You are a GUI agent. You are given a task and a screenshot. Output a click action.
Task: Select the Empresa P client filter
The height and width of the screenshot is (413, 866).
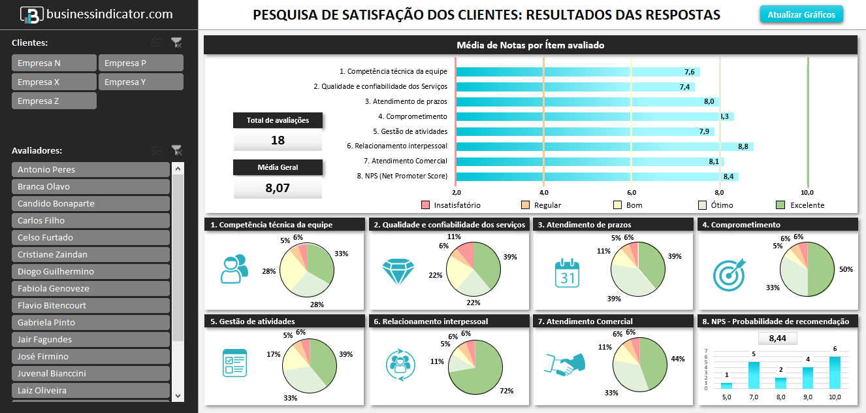click(140, 63)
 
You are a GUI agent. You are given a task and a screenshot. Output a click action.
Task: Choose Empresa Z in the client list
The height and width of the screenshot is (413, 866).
click(54, 101)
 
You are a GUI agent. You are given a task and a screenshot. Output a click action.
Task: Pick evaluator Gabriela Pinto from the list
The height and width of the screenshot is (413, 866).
click(91, 323)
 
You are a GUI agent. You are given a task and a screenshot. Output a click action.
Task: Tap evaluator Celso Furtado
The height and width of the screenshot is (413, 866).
click(91, 238)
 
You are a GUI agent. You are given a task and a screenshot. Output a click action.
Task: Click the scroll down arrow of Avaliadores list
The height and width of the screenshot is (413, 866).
click(178, 395)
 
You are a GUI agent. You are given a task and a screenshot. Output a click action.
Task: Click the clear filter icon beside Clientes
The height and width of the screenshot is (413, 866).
click(176, 42)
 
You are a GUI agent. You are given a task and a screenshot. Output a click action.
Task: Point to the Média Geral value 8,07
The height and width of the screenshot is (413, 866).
click(278, 188)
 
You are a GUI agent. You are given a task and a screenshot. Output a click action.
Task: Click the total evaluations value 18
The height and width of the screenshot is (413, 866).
click(278, 140)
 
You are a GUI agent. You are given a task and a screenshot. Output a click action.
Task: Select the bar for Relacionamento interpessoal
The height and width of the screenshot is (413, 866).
click(604, 146)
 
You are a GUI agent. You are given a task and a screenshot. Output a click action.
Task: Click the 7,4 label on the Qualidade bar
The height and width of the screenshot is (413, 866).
click(684, 87)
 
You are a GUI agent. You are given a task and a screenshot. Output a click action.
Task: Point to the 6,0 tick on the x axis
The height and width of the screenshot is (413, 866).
click(632, 193)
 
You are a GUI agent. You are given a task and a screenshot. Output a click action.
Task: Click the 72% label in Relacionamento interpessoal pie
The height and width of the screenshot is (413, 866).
click(505, 391)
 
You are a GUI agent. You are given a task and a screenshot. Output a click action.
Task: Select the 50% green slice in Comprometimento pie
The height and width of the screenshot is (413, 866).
click(822, 269)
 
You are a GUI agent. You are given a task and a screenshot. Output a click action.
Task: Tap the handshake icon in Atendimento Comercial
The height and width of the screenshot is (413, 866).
click(564, 365)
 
